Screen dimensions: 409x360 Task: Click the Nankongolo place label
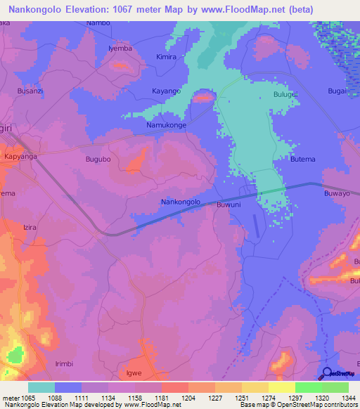click(x=181, y=202)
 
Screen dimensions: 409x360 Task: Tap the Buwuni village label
click(x=229, y=204)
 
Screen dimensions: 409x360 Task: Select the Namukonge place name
click(x=166, y=124)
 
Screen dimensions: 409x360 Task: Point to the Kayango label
click(x=167, y=91)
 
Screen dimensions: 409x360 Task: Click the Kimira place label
click(x=167, y=56)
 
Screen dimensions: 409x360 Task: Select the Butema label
click(x=303, y=160)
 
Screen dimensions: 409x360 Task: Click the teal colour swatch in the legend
click(x=41, y=387)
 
